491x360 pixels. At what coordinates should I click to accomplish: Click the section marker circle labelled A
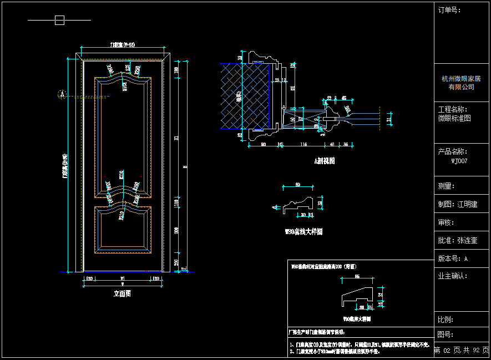coord(62,94)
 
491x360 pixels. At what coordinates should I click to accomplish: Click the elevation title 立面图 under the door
coord(122,294)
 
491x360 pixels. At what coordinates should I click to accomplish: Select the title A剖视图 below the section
coord(325,161)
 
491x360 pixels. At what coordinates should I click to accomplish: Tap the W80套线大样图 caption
coord(303,232)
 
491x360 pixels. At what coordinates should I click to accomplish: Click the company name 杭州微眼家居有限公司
coord(461,83)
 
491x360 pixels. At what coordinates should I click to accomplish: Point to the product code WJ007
coord(459,161)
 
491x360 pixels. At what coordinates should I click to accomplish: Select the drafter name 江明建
coord(467,204)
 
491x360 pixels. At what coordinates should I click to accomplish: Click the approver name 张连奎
coord(467,241)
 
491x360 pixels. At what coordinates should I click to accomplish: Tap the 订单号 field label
coord(449,10)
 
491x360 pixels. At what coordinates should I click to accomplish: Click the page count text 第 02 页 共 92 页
coord(461,351)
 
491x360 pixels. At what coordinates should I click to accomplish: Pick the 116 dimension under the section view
coord(303,145)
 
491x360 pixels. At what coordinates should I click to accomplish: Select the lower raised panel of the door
coord(122,229)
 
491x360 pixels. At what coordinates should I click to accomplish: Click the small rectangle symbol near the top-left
coord(59,21)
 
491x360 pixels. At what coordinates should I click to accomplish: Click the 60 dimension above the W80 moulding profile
coord(297,184)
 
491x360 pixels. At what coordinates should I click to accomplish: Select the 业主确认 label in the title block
coord(453,276)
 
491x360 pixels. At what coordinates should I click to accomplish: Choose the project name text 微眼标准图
coord(454,118)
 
